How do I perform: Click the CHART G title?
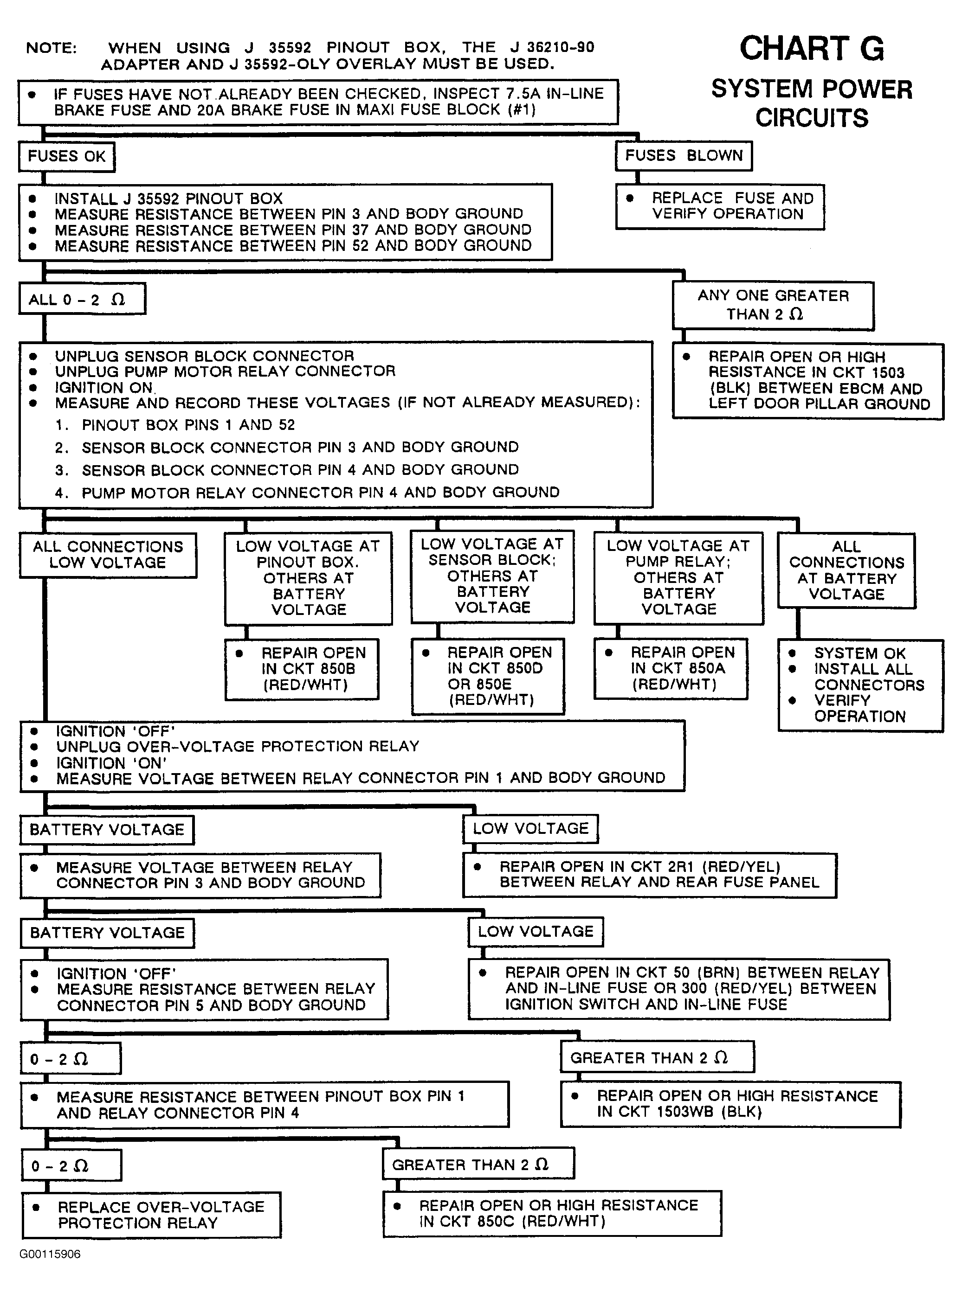[x=811, y=49]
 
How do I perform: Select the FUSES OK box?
[x=66, y=157]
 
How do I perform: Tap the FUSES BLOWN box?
[x=684, y=156]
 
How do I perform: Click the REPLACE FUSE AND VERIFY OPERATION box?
[x=720, y=206]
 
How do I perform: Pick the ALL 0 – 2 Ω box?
[x=82, y=300]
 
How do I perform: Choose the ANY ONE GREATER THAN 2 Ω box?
[x=773, y=305]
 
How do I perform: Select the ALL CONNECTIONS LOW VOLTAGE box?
[x=108, y=555]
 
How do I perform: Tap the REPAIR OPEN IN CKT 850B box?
[x=302, y=669]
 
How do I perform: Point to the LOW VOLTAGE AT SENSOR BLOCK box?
[x=492, y=576]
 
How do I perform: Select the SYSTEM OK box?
[x=860, y=685]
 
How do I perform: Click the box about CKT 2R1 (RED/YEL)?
[x=649, y=875]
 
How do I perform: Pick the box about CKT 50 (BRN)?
[x=678, y=989]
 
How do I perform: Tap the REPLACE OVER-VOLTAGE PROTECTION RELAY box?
[x=151, y=1215]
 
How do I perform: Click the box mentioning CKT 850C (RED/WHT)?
[x=551, y=1213]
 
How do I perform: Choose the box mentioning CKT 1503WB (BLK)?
[x=730, y=1104]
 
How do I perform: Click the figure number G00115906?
[x=50, y=1254]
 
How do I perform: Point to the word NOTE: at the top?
[x=51, y=48]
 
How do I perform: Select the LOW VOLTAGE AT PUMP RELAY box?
[x=678, y=577]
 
